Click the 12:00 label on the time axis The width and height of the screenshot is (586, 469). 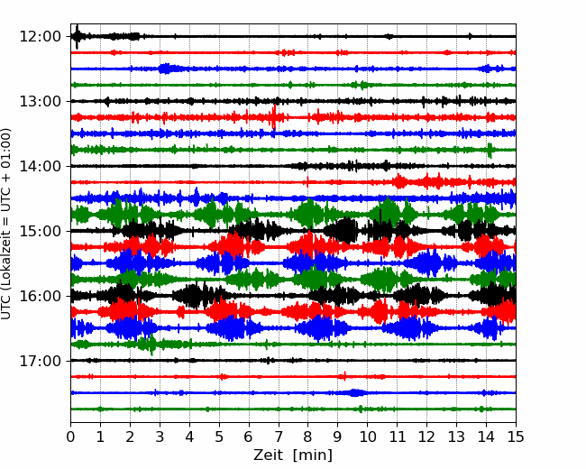40,37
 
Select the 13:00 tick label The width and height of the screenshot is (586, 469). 40,101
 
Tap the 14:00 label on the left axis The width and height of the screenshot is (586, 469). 40,166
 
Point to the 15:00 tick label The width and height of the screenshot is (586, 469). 40,231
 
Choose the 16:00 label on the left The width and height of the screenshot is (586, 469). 40,296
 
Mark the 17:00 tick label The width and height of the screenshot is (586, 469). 40,361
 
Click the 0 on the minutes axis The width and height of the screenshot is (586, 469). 70,437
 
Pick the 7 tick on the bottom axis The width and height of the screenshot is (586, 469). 278,437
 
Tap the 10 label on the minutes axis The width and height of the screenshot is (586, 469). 367,437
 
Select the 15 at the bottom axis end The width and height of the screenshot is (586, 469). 516,437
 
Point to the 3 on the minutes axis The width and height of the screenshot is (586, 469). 160,437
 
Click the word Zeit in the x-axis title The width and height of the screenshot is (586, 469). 268,455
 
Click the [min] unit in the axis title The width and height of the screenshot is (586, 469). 313,455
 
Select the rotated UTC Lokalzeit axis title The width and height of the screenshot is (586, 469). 5,224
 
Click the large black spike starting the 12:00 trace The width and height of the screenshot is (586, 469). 77,37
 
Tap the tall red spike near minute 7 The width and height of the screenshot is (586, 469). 274,117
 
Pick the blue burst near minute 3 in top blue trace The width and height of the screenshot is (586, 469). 167,69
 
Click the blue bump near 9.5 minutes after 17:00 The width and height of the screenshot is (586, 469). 354,392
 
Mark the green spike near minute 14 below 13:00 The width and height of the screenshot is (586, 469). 490,150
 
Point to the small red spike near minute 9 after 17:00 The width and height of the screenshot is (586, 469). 344,376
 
